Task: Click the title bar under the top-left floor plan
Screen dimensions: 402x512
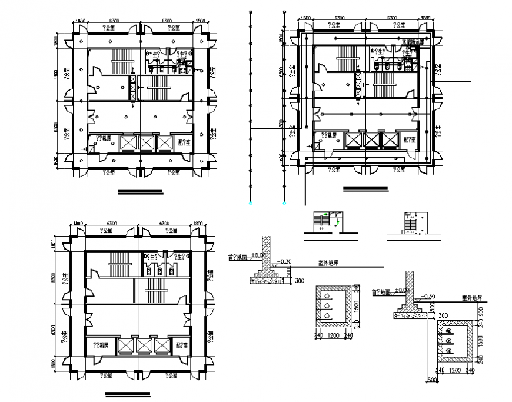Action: pyautogui.click(x=140, y=190)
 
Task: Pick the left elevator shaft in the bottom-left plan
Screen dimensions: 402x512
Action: pyautogui.click(x=126, y=345)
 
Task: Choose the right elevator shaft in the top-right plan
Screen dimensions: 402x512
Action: pyautogui.click(x=390, y=139)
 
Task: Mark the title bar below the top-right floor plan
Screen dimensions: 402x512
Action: pyautogui.click(x=365, y=188)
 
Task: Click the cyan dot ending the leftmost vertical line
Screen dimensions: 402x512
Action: pyautogui.click(x=251, y=203)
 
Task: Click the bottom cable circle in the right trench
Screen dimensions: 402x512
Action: pyautogui.click(x=450, y=351)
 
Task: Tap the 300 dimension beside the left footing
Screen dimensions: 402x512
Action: pyautogui.click(x=299, y=280)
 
